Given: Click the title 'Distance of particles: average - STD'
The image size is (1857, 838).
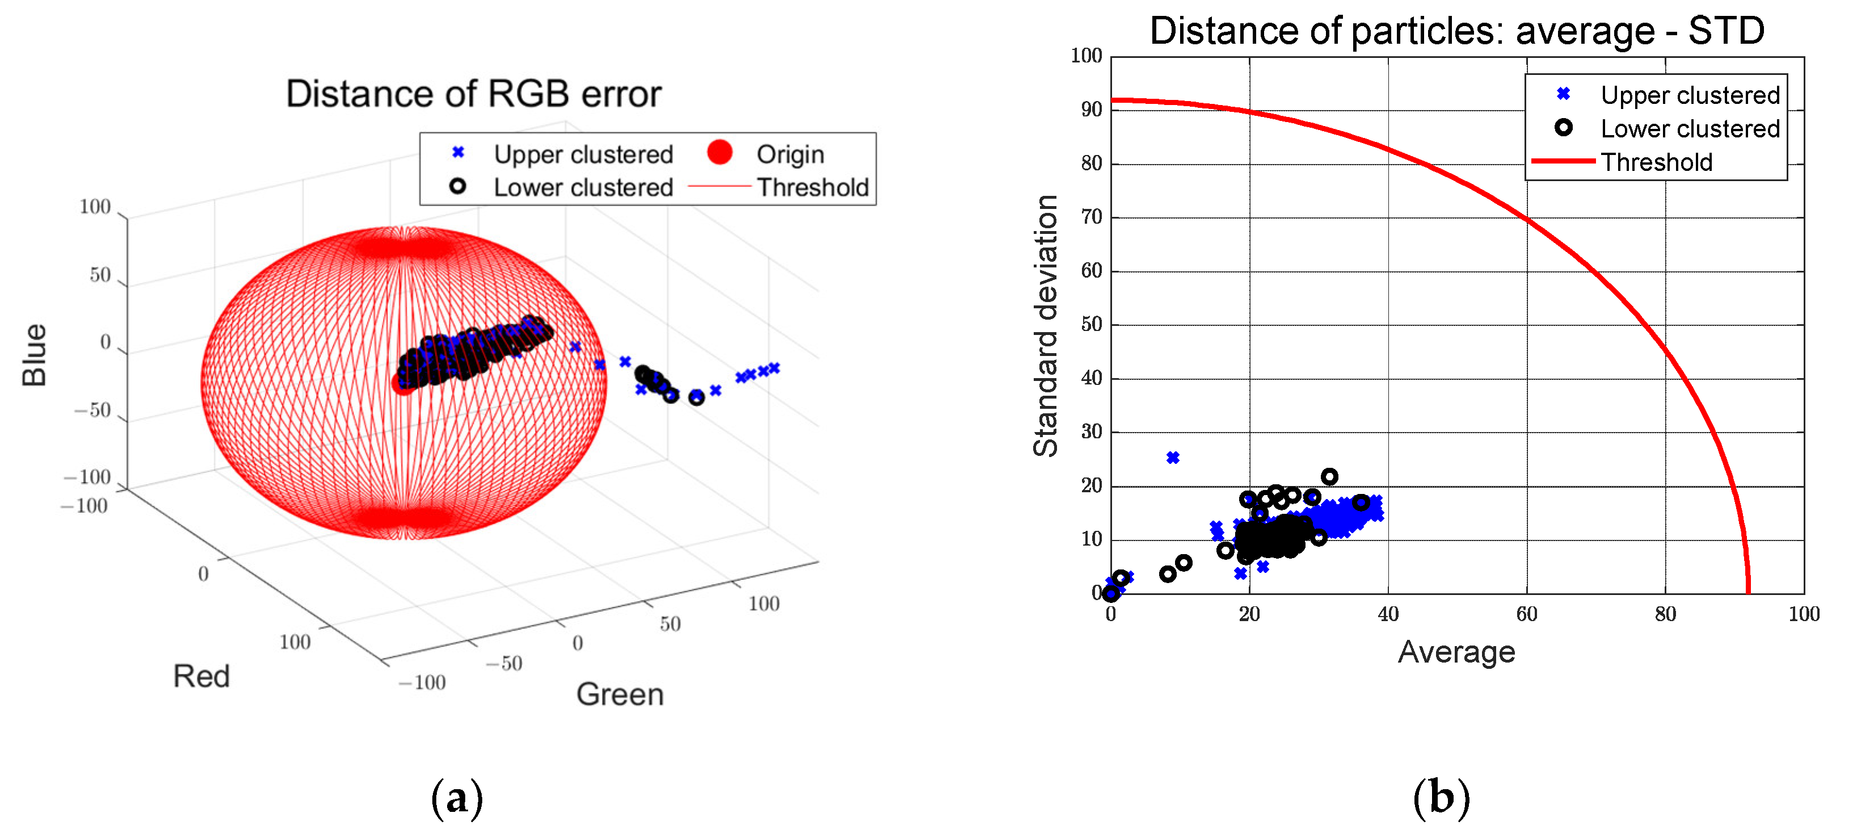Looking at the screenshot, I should (x=1456, y=31).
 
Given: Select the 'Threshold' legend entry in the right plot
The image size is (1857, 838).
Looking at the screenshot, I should (x=1656, y=162).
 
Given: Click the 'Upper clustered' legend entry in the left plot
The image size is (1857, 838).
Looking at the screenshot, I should (x=583, y=154).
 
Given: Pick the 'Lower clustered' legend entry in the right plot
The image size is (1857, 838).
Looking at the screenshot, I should (x=1689, y=129).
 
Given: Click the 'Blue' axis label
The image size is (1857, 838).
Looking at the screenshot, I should (x=35, y=354).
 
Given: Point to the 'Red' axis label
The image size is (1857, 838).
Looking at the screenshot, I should (x=201, y=676).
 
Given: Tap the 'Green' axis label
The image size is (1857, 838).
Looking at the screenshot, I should (x=619, y=694).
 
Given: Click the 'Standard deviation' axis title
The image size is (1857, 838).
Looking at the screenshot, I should (x=1045, y=325).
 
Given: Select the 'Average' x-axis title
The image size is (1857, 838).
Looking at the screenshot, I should (x=1456, y=652).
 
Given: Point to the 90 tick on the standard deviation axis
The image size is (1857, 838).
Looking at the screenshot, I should (x=1092, y=110).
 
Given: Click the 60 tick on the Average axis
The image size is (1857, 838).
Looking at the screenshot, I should (x=1526, y=614).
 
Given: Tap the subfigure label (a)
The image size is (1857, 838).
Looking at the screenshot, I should (x=456, y=798).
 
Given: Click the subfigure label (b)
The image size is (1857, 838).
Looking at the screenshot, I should (x=1441, y=798).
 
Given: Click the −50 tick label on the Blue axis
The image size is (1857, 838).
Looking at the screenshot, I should (x=92, y=410).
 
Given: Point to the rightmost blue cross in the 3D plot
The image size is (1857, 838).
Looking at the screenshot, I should (x=774, y=368).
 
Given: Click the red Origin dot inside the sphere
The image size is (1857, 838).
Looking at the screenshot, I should (x=402, y=383).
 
